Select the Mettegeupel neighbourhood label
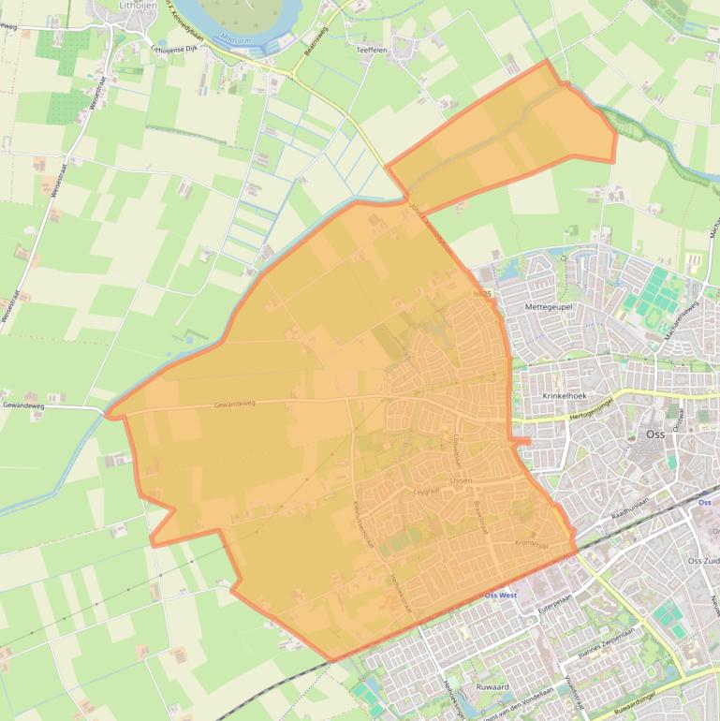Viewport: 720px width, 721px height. coord(548,306)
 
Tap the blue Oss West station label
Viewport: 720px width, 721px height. coord(500,596)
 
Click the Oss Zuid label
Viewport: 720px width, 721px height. coord(703,561)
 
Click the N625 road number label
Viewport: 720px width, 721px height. coord(482,293)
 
